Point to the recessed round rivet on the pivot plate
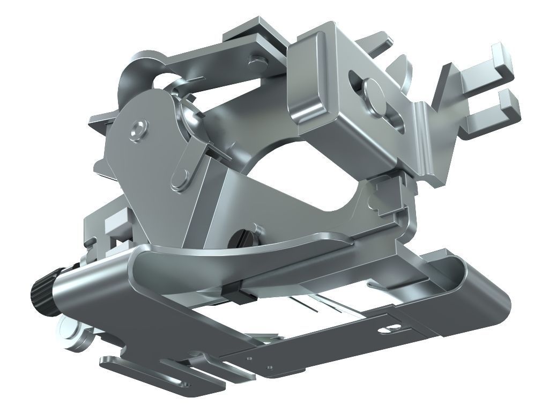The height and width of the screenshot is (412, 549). pyautogui.click(x=138, y=128)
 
